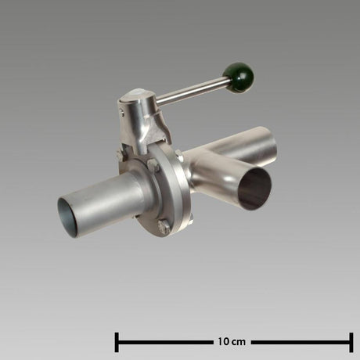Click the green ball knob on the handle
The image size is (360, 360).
pyautogui.click(x=238, y=77)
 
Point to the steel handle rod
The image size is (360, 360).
pyautogui.click(x=193, y=92)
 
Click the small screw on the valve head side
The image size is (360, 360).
pyautogui.click(x=122, y=113)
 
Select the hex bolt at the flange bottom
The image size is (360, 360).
pyautogui.click(x=164, y=227)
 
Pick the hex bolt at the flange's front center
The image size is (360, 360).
pyautogui.click(x=153, y=165)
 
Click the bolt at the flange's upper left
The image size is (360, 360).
pyautogui.click(x=120, y=155)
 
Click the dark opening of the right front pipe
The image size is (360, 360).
pyautogui.click(x=254, y=189)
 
